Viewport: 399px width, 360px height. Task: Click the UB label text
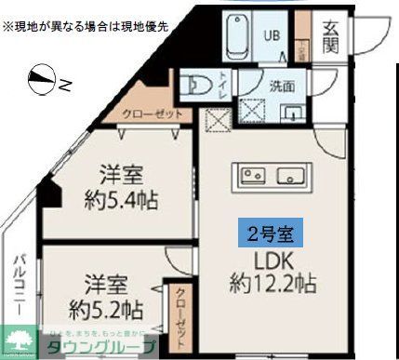[272, 36]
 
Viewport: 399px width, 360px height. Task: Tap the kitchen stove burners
[252, 175]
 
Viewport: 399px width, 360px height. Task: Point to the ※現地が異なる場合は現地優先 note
[86, 27]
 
